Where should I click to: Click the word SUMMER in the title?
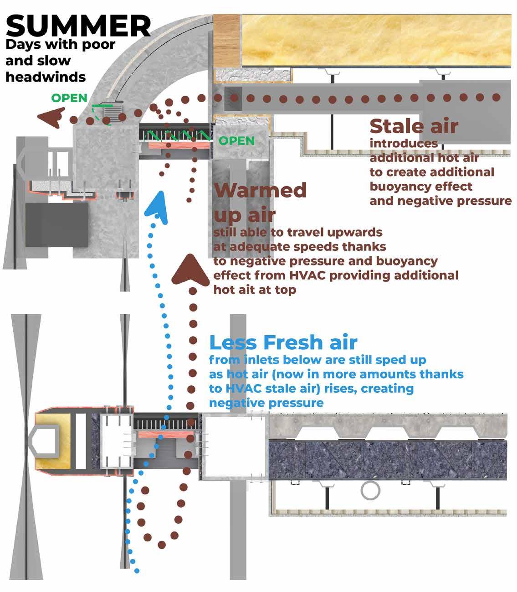pos(78,26)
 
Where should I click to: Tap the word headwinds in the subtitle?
pos(46,76)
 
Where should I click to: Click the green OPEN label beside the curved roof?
pos(69,98)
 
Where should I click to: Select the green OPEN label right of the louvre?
pos(236,140)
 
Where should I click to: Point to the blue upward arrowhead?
pos(156,205)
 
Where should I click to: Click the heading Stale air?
pos(414,126)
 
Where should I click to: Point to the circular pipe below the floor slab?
pos(370,491)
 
